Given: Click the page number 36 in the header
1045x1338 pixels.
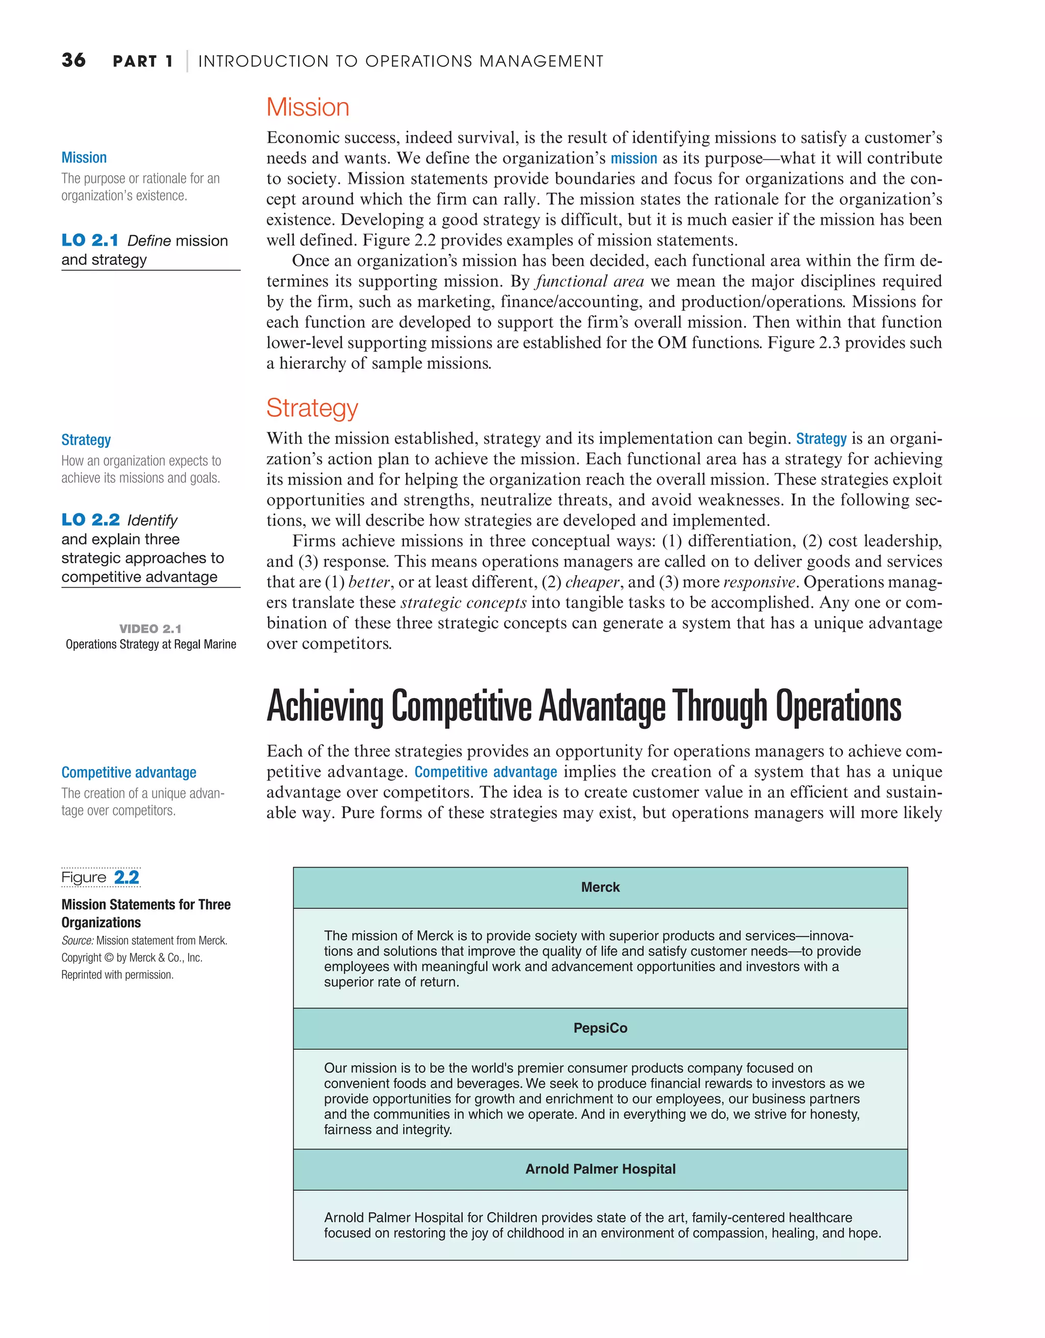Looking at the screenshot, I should click(73, 60).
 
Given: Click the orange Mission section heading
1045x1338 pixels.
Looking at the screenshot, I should click(307, 107).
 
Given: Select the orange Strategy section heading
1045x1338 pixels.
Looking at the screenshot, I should click(312, 408).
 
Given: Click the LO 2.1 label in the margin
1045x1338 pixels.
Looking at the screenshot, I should click(90, 240).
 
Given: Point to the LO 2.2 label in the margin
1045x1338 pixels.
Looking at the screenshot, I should click(91, 519).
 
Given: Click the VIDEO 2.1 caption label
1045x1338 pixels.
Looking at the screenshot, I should click(151, 629).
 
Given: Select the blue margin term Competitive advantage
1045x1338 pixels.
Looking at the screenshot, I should click(129, 773).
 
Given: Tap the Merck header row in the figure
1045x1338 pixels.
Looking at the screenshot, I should click(600, 887).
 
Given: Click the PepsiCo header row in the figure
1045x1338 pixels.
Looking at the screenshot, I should click(600, 1028).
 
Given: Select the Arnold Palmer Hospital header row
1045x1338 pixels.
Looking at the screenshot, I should click(600, 1169).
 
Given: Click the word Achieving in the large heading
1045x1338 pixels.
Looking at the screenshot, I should click(325, 707).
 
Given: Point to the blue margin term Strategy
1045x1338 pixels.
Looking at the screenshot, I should click(86, 440).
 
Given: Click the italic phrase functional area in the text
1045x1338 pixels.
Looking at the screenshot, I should click(589, 281).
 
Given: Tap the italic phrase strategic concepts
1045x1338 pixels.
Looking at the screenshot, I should click(463, 603).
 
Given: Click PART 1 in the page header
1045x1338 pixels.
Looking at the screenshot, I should click(143, 61).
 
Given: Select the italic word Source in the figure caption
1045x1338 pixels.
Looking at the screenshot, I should click(77, 940).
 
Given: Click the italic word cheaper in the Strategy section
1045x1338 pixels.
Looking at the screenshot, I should click(592, 582).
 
